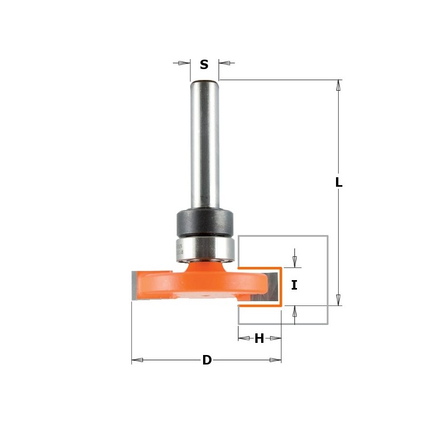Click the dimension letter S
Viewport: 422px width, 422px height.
(x=204, y=65)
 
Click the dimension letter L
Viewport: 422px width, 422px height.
(x=339, y=183)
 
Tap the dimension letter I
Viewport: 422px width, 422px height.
(x=294, y=285)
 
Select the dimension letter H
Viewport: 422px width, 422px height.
(x=259, y=339)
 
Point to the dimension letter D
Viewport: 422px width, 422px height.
(x=207, y=360)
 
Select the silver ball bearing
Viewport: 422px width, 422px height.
(x=204, y=247)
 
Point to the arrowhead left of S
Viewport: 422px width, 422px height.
(x=184, y=63)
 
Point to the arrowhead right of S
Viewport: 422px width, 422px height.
(x=225, y=63)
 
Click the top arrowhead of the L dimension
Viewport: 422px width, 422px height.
(x=339, y=85)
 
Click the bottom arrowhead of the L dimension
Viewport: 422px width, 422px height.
(x=339, y=300)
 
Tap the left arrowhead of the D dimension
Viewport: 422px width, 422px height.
(x=137, y=360)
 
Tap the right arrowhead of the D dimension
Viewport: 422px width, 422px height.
(x=275, y=360)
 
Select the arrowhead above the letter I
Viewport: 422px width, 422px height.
(x=294, y=261)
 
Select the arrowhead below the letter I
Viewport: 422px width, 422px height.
(x=294, y=312)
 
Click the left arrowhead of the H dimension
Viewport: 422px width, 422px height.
(x=244, y=338)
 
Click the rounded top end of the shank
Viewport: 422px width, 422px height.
(x=205, y=82)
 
